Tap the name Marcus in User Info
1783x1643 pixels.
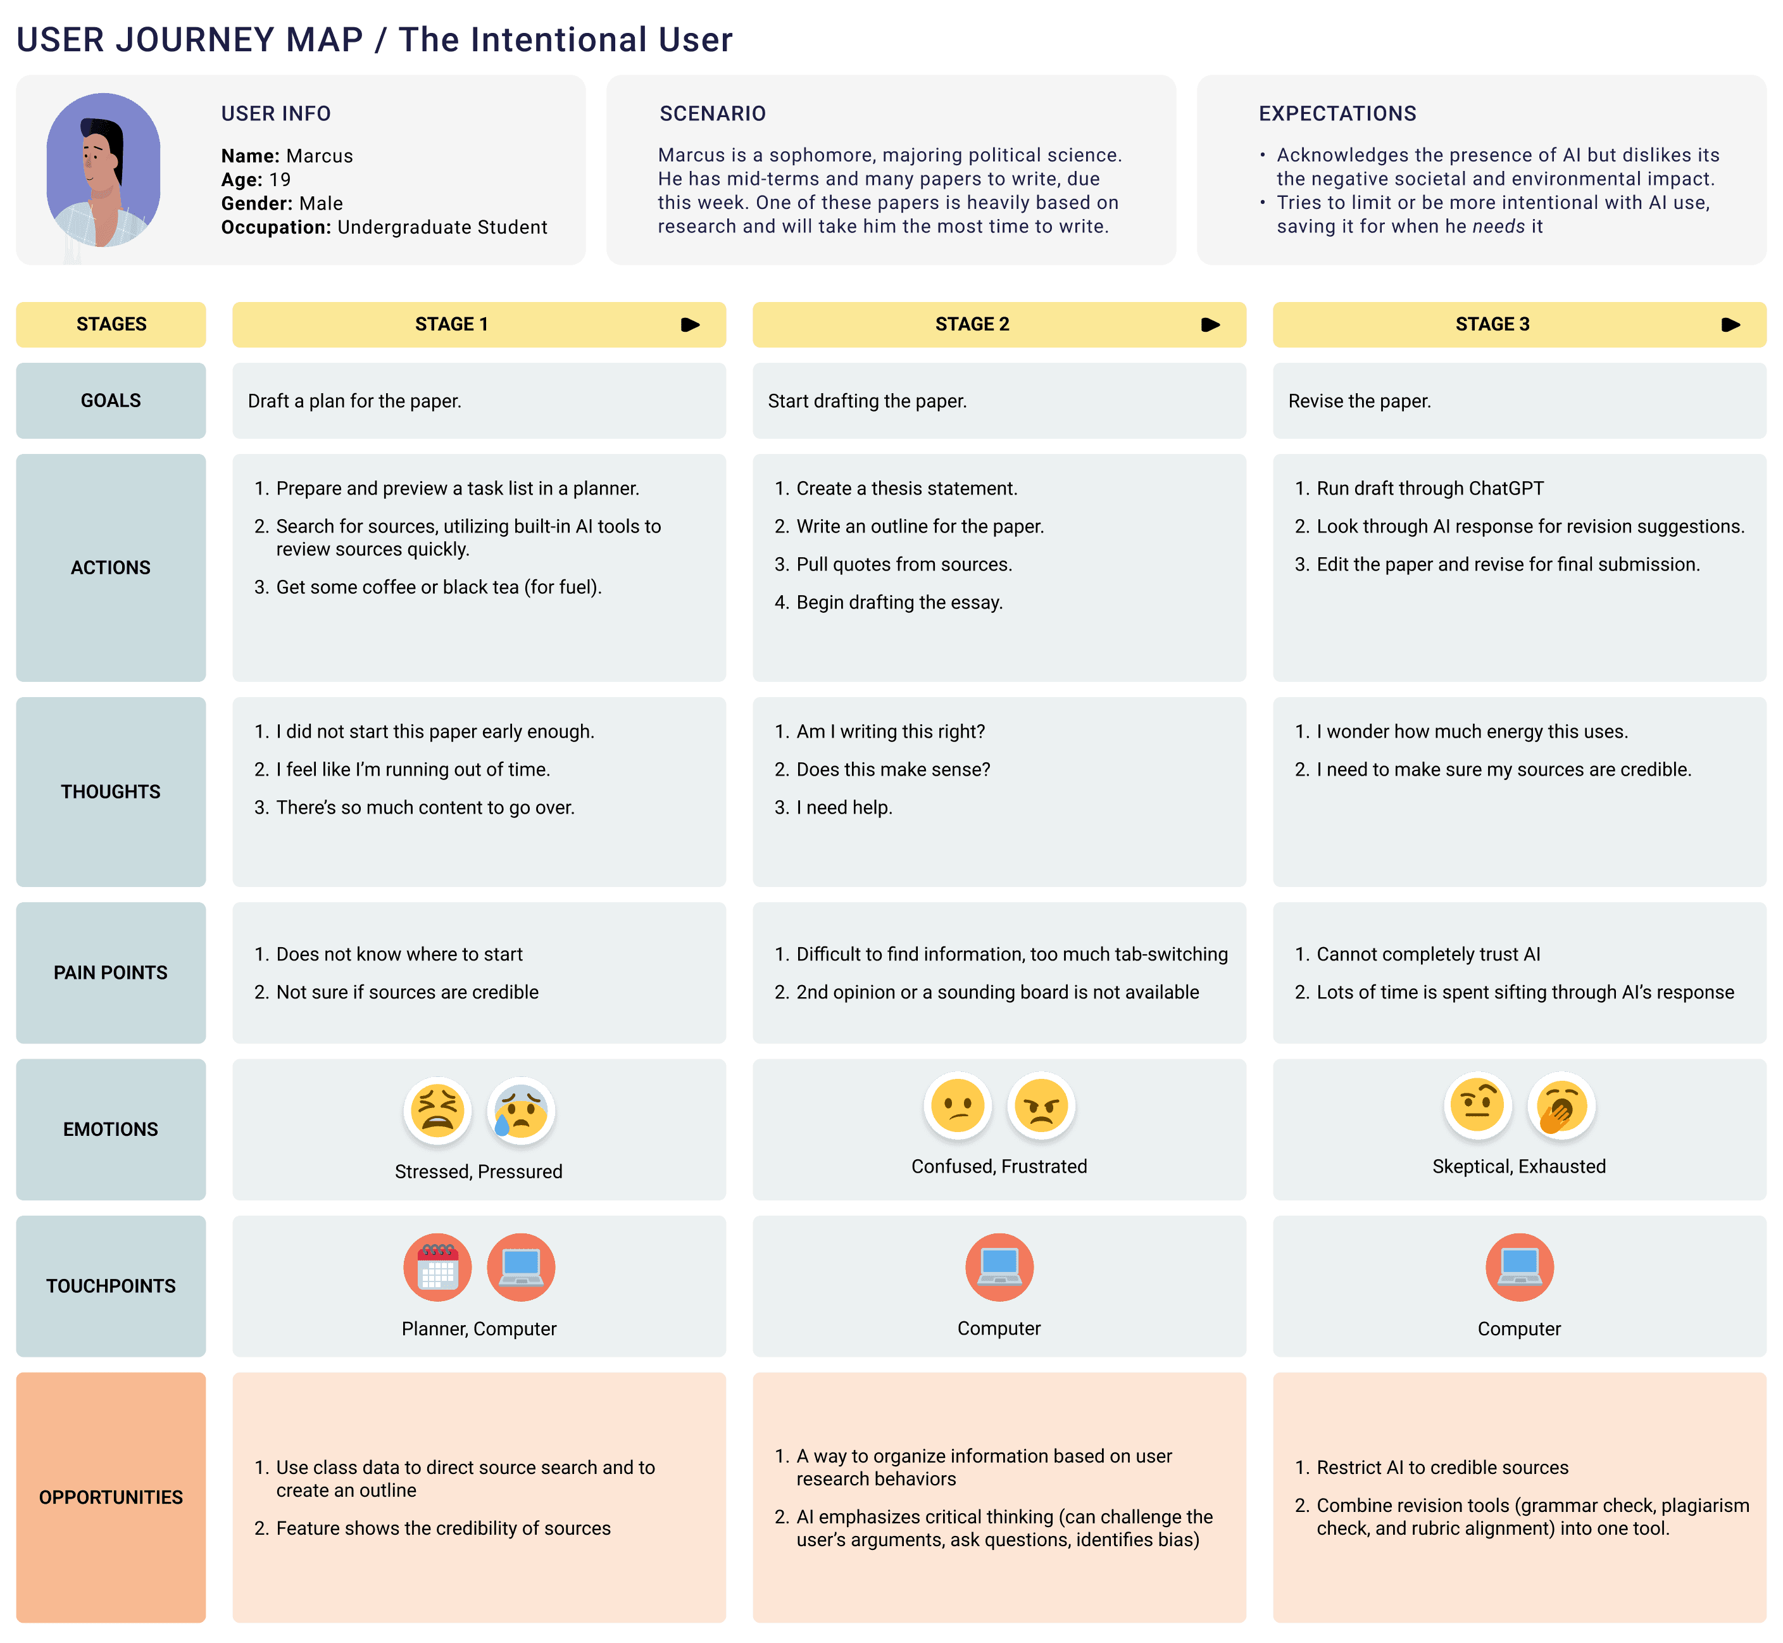(318, 156)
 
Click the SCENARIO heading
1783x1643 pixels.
(712, 114)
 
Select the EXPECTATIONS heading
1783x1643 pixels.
(1337, 114)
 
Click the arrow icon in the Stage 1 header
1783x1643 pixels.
(690, 325)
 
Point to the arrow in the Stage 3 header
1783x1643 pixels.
(1730, 325)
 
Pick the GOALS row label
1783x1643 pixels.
(111, 401)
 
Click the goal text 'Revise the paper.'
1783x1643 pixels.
(1359, 401)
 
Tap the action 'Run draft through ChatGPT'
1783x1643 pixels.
(1429, 488)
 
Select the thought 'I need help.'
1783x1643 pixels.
(844, 807)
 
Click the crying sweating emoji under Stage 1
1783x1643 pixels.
(521, 1111)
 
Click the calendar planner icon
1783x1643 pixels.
(437, 1267)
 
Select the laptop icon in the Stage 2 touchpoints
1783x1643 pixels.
(999, 1267)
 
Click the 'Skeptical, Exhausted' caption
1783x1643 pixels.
(1518, 1166)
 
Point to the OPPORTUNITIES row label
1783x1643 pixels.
(111, 1497)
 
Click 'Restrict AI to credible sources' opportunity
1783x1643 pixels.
(1442, 1468)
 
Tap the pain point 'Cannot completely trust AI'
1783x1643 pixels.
(1427, 954)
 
